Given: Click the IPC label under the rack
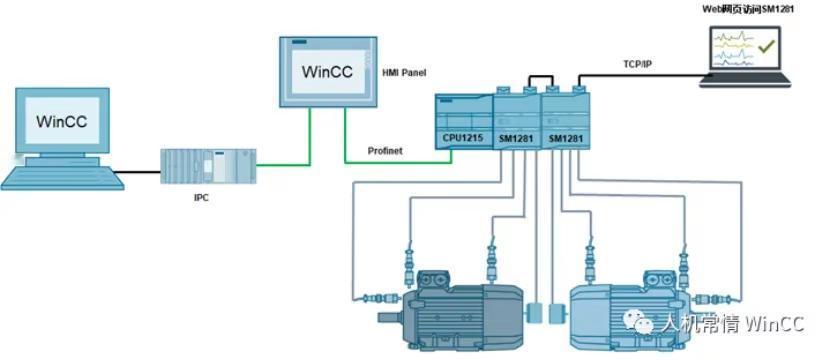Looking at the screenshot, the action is coord(201,199).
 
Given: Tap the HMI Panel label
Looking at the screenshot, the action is coord(404,72).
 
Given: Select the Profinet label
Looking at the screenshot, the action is coord(385,151).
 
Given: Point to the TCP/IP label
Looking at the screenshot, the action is coord(638,64).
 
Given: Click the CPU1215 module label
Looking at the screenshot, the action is coord(463,139).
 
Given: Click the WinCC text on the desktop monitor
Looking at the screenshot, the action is coord(62,121).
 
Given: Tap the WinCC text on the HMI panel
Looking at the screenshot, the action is coord(327,72).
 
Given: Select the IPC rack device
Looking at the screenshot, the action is coord(209,166).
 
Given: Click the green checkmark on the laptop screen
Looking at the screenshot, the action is coord(766,47).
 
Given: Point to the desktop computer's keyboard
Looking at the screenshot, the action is coord(62,178).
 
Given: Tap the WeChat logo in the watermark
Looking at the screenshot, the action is coord(638,323).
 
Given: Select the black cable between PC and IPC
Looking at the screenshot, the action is coord(138,172).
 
